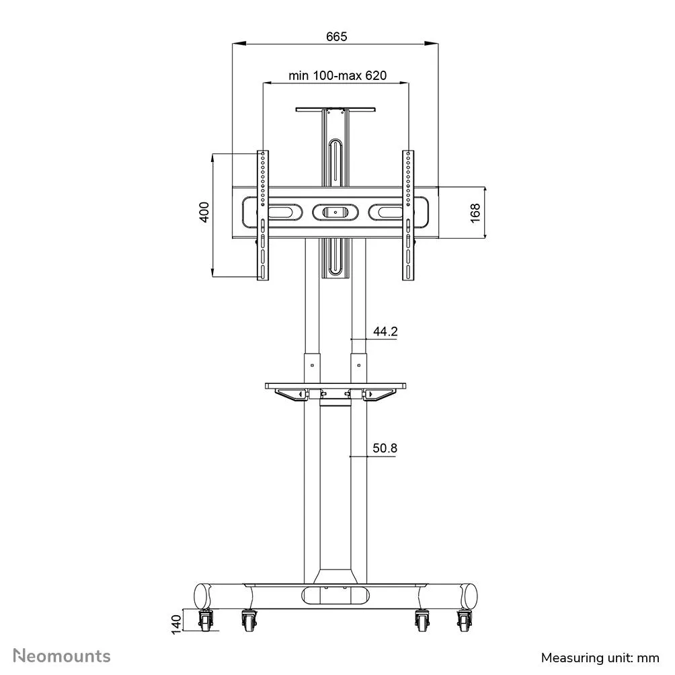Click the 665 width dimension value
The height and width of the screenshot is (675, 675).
pos(336,36)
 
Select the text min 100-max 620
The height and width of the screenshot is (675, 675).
pos(337,75)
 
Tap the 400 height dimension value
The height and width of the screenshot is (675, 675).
pos(204,212)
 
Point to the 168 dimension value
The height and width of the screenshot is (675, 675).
pos(475,213)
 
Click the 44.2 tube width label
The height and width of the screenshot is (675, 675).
pos(385,331)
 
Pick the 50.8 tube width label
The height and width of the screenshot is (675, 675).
pos(385,448)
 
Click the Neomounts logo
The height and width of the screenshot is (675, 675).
pos(62,656)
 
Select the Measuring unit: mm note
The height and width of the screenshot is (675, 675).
pos(600,658)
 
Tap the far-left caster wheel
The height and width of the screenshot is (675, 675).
pos(205,621)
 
